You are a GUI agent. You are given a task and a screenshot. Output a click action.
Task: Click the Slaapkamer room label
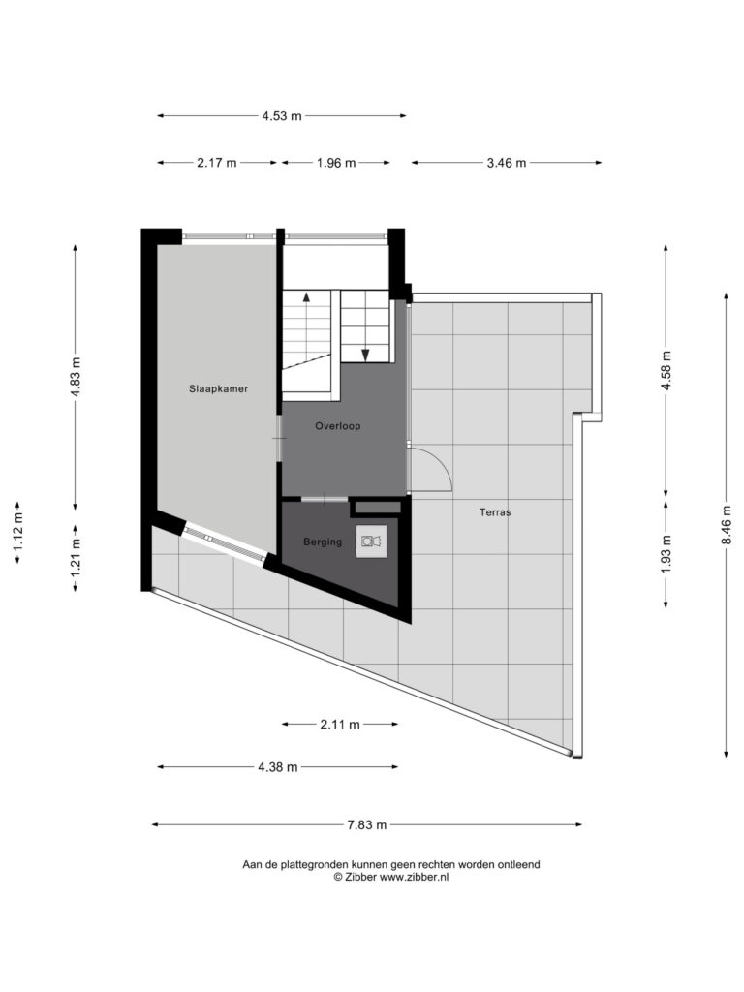218,389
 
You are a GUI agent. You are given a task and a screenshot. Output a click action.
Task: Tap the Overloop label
338,426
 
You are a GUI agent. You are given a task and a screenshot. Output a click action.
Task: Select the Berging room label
323,542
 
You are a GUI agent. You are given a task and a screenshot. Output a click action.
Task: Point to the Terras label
495,512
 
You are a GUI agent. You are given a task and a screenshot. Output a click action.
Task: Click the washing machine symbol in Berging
371,541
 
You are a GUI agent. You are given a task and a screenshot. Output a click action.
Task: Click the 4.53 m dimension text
282,116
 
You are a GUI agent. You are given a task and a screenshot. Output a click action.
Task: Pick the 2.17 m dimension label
216,163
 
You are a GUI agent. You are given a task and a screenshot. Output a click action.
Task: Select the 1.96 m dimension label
336,163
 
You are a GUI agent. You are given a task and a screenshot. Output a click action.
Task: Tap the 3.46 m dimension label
506,163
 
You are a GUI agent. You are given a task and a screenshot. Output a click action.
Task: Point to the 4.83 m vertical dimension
76,377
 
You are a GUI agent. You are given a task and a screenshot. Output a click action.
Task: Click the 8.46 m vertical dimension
727,524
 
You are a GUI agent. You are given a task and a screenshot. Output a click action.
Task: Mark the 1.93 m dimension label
666,554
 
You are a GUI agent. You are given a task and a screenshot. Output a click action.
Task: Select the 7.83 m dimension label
366,825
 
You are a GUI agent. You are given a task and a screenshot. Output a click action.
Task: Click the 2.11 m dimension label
340,725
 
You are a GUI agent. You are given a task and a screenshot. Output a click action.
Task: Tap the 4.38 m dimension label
277,767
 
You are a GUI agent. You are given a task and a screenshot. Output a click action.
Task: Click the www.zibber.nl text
414,877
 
